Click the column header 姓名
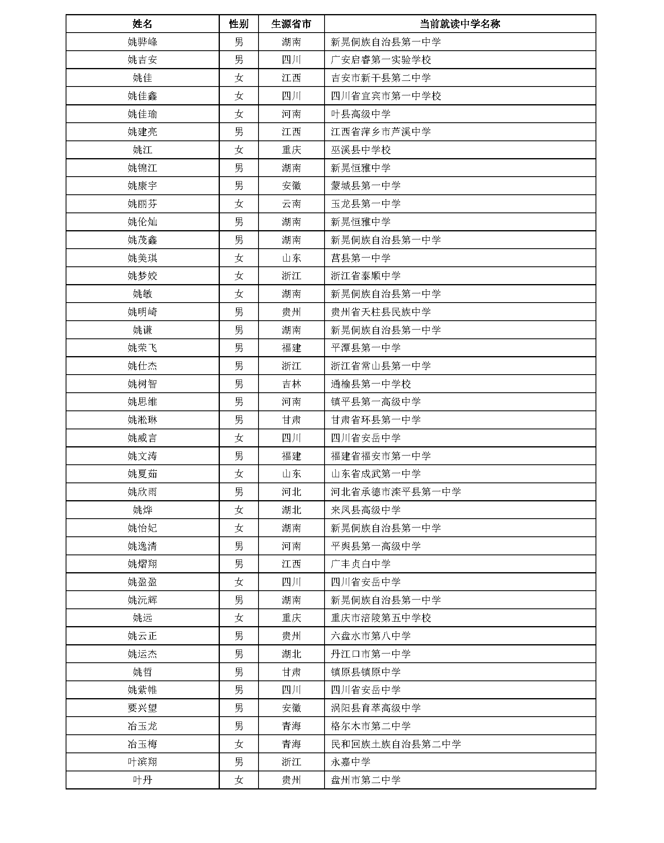coord(142,24)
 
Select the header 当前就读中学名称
coord(460,24)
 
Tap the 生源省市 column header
coord(291,24)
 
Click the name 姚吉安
coord(142,60)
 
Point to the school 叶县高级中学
coord(361,114)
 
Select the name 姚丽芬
coord(142,204)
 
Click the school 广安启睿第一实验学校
coord(381,60)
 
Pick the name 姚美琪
coord(142,258)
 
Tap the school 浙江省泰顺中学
coord(366,276)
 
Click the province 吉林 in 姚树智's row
coord(291,384)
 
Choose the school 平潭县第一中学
coord(366,348)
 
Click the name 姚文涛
coord(142,456)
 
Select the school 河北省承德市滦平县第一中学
coord(396,492)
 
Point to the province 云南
coord(291,204)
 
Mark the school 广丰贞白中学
coord(361,564)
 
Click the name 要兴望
coord(142,708)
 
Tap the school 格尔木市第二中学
coord(371,726)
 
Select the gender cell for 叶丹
coord(239,780)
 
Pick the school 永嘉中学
coord(351,762)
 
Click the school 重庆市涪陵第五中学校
coord(381,618)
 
